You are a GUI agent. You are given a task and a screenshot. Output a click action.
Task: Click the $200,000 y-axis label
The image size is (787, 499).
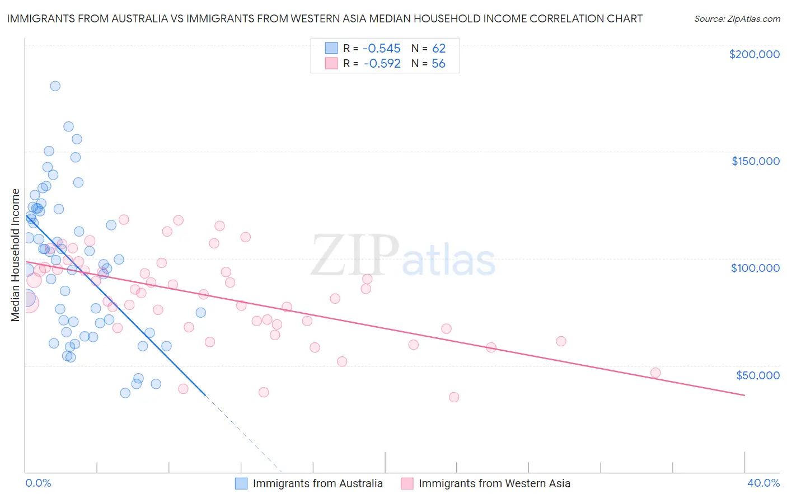754,54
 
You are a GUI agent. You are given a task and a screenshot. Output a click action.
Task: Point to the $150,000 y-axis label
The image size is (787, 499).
755,161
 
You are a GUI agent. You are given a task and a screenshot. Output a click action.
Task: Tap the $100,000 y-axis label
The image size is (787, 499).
755,268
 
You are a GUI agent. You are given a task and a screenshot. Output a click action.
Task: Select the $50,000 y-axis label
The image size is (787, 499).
757,375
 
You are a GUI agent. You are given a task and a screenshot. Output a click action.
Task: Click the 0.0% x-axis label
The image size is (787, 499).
38,483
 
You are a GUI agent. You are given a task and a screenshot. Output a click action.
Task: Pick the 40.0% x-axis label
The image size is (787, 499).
763,483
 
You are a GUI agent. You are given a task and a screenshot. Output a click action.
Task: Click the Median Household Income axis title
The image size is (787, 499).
15,255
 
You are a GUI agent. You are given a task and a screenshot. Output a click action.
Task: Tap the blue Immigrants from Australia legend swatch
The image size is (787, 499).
241,483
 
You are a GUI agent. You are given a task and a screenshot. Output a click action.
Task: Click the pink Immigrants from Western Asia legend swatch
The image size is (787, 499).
407,483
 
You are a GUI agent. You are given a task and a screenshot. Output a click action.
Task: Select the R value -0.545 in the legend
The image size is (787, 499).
382,49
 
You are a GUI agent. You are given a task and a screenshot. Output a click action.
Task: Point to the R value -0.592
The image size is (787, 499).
382,64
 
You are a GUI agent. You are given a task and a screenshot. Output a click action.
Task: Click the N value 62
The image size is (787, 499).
439,49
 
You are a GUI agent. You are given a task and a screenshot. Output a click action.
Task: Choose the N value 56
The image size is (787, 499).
439,64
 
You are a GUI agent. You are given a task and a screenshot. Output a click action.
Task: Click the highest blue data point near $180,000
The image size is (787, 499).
55,86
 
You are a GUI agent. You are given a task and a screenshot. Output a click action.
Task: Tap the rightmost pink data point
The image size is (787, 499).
655,373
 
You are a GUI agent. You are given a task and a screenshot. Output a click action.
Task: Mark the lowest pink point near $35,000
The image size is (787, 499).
454,397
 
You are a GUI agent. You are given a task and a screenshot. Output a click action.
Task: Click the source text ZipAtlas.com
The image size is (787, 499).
737,19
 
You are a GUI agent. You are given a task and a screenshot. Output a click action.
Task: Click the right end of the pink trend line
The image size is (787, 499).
744,396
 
